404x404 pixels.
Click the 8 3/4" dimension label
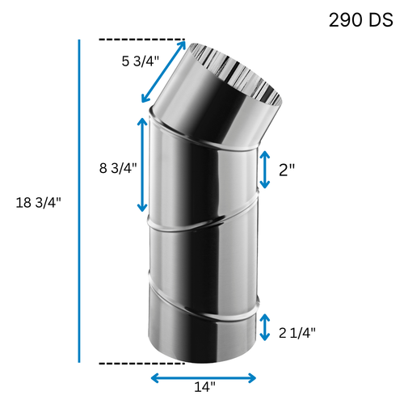pyautogui.click(x=118, y=167)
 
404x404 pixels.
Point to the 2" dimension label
pyautogui.click(x=287, y=170)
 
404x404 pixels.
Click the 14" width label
pyautogui.click(x=205, y=388)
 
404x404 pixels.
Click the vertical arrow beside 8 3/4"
pyautogui.click(x=144, y=165)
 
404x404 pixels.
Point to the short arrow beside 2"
pyautogui.click(x=265, y=170)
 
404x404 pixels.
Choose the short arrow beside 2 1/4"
pyautogui.click(x=265, y=328)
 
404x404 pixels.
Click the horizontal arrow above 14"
pyautogui.click(x=204, y=377)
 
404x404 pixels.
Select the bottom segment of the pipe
pyautogui.click(x=202, y=331)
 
